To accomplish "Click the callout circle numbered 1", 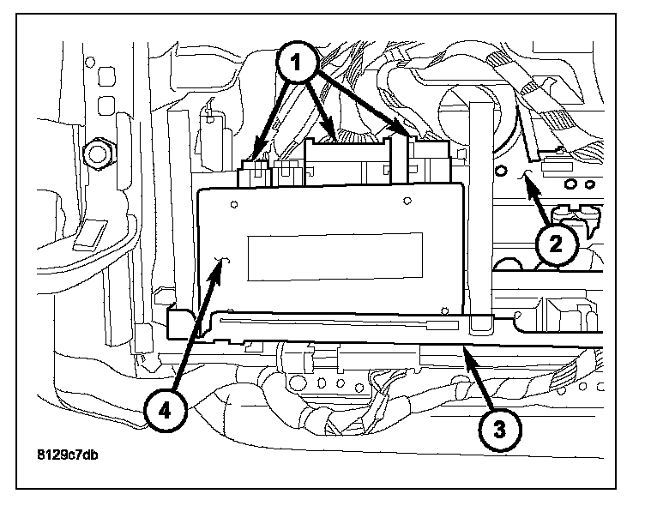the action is click(x=296, y=63).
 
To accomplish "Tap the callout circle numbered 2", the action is click(x=557, y=244).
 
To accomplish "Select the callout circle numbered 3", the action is click(x=500, y=430).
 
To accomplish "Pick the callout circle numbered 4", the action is click(x=165, y=410).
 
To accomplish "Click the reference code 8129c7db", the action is click(x=68, y=455).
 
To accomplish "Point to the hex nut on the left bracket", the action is click(x=97, y=154).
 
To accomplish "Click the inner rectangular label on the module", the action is click(x=335, y=257).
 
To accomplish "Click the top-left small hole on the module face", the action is click(x=234, y=204).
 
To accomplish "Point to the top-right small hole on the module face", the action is click(x=407, y=201).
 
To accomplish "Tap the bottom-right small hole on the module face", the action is click(x=444, y=310).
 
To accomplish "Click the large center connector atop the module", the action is click(x=347, y=162).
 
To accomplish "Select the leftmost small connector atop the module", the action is click(x=254, y=173).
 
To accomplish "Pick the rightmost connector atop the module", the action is click(x=429, y=162).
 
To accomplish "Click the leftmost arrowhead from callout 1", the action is click(x=258, y=152).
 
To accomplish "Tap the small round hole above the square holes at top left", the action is click(x=90, y=63).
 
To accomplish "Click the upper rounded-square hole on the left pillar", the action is click(x=106, y=77).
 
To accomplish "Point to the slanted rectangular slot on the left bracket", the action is click(x=90, y=235).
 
